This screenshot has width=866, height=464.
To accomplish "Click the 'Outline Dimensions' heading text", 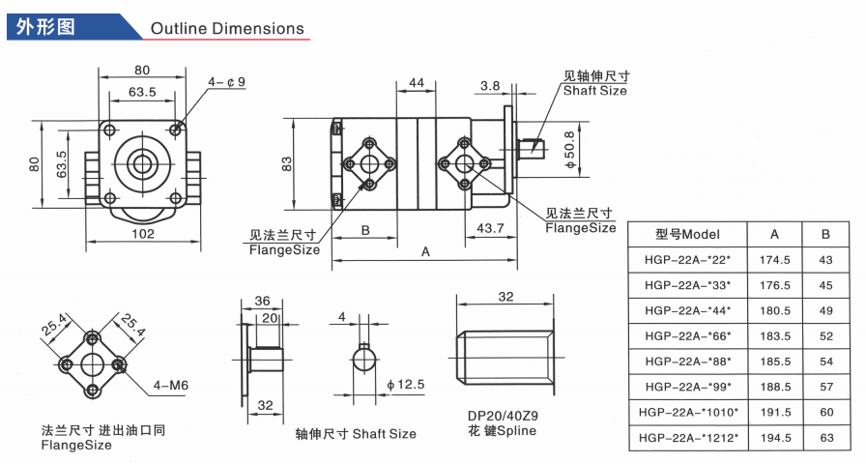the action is (x=227, y=28).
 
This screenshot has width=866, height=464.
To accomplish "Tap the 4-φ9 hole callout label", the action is (x=226, y=82).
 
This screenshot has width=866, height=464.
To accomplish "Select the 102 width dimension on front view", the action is (x=143, y=234).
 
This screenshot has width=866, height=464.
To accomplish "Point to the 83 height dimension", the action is (x=286, y=163).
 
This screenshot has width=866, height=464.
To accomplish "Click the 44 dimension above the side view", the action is (x=417, y=83).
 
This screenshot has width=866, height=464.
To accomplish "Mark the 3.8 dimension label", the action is (x=490, y=86).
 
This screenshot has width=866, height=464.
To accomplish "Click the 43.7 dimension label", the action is (x=490, y=227).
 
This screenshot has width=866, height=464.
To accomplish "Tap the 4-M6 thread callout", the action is (x=171, y=385).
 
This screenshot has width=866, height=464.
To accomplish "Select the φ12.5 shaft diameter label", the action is (x=406, y=385).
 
